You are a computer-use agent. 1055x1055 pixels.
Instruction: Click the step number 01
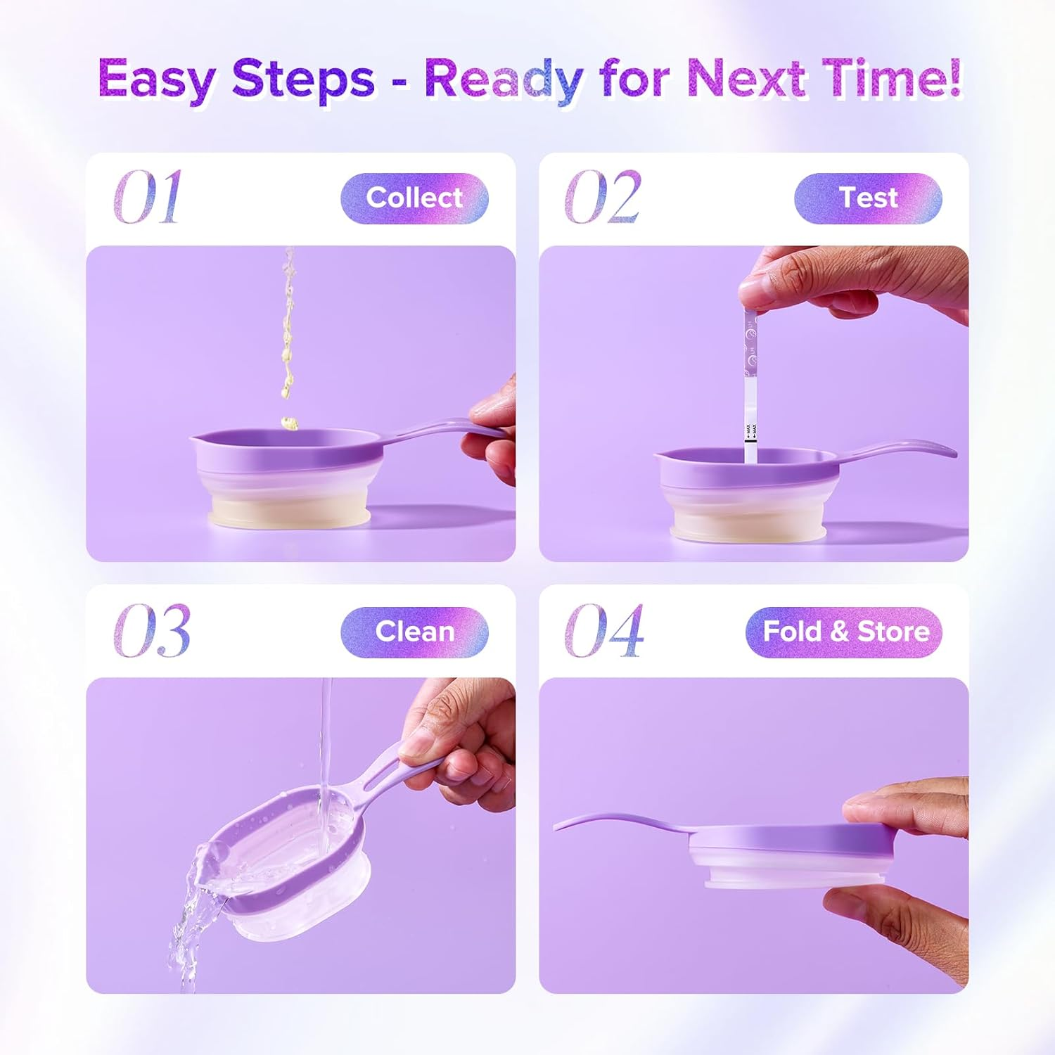coord(148,198)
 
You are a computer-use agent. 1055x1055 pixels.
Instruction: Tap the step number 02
coord(603,198)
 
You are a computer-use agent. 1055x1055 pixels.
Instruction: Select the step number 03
coord(152,631)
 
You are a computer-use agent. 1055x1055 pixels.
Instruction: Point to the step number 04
coord(604,631)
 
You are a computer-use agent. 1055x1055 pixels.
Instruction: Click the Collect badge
coord(414,198)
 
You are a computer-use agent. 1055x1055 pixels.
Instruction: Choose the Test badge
coord(868,198)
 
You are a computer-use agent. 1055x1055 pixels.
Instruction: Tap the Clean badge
coord(414,632)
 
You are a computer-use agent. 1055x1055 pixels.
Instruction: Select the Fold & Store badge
coord(844,632)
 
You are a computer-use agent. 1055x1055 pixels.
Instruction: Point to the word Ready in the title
coord(504,79)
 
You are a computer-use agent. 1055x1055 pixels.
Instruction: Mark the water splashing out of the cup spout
coord(193,914)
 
